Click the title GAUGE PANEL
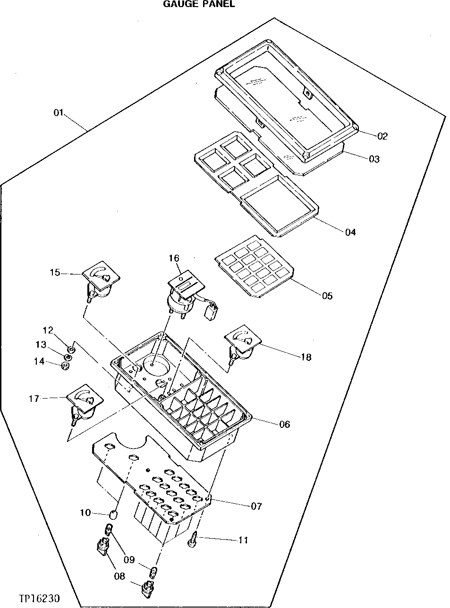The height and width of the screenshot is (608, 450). coord(198,4)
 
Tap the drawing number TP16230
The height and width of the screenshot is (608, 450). coord(39,599)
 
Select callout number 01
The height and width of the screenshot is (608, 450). coord(58,113)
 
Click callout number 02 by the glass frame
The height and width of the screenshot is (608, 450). coord(382,136)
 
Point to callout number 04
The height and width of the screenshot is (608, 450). coord(350,232)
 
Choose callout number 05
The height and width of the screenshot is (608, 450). coord(327,296)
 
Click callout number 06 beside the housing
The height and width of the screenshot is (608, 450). coord(284,424)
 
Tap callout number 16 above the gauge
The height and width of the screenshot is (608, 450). coord(174,258)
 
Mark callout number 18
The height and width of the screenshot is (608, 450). coord(306,357)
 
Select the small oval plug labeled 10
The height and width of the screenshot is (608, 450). coord(113,513)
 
